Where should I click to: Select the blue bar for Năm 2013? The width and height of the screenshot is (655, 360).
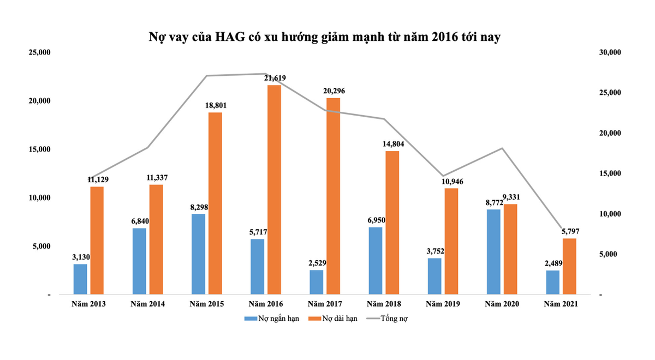pos(80,279)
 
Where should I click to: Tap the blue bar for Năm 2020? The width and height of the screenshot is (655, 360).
pos(493,252)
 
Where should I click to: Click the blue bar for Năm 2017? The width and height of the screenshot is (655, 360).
pos(317,282)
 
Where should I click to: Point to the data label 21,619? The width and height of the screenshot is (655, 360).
pos(275,78)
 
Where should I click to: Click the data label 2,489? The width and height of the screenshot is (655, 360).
pos(552,263)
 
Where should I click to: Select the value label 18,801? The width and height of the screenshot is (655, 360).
pos(216,105)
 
